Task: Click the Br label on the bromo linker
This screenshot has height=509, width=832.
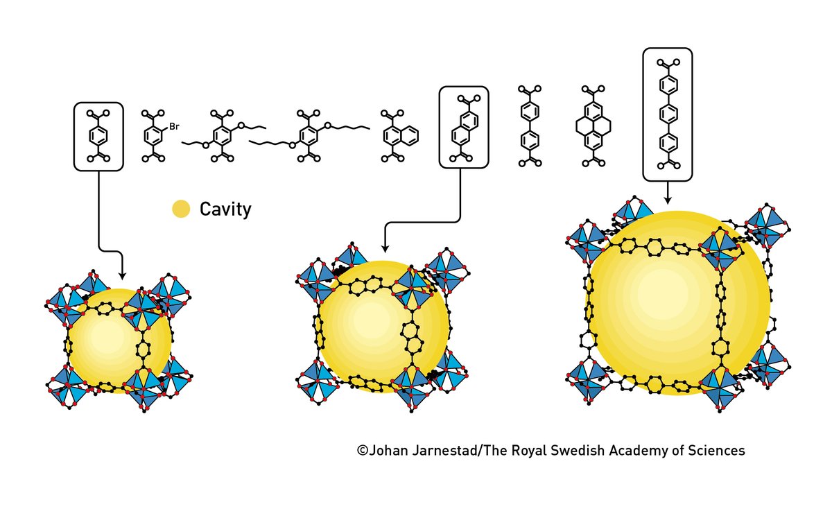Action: pyautogui.click(x=174, y=126)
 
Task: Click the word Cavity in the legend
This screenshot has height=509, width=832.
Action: pyautogui.click(x=225, y=209)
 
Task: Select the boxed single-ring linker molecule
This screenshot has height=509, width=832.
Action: pyautogui.click(x=98, y=136)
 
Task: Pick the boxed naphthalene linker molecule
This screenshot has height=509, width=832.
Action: pyautogui.click(x=464, y=127)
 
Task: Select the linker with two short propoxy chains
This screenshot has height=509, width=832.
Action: pyautogui.click(x=224, y=136)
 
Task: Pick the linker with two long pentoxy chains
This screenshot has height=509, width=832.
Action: pyautogui.click(x=309, y=136)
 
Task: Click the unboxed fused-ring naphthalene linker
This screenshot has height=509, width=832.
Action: pyautogui.click(x=397, y=136)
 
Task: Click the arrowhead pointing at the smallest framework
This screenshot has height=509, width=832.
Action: pyautogui.click(x=122, y=275)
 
